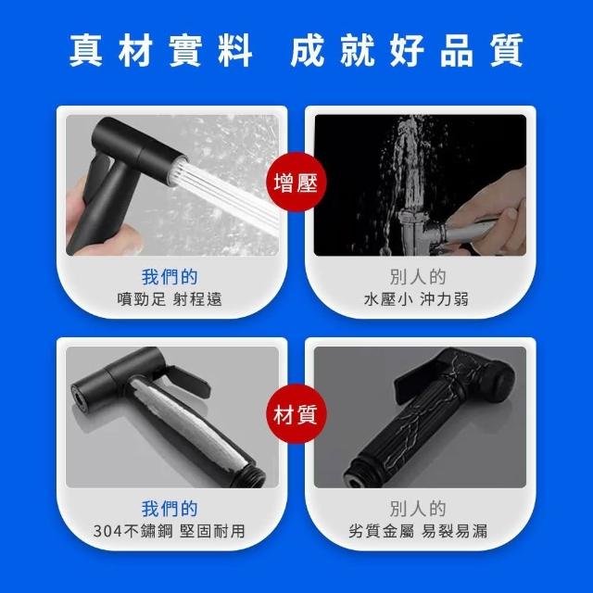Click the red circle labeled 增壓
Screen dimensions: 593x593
[296, 182]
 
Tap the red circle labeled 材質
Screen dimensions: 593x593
[296, 414]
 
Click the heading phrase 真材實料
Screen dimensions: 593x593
[161, 50]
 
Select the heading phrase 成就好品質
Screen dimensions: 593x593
[407, 50]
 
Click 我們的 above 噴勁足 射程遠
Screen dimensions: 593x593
[170, 277]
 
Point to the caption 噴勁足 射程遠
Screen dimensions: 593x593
[170, 299]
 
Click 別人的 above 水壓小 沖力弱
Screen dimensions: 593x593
[418, 277]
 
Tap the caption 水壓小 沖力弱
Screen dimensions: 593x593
[416, 299]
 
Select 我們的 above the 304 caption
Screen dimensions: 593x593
[170, 509]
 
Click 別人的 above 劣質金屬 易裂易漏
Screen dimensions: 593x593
[418, 509]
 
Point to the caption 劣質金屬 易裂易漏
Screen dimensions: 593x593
[418, 531]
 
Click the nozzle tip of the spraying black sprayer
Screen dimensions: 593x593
[178, 170]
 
